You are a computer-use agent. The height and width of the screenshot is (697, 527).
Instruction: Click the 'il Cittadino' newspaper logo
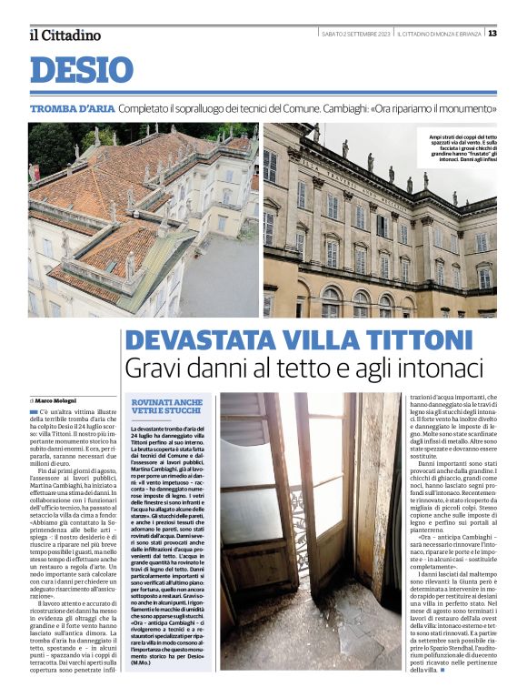point(65,35)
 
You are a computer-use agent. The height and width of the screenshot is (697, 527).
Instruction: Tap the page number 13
point(492,34)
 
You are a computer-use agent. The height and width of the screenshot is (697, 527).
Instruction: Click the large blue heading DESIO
point(81,70)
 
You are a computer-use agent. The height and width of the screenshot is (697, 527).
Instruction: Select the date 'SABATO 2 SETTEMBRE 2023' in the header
point(356,34)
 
